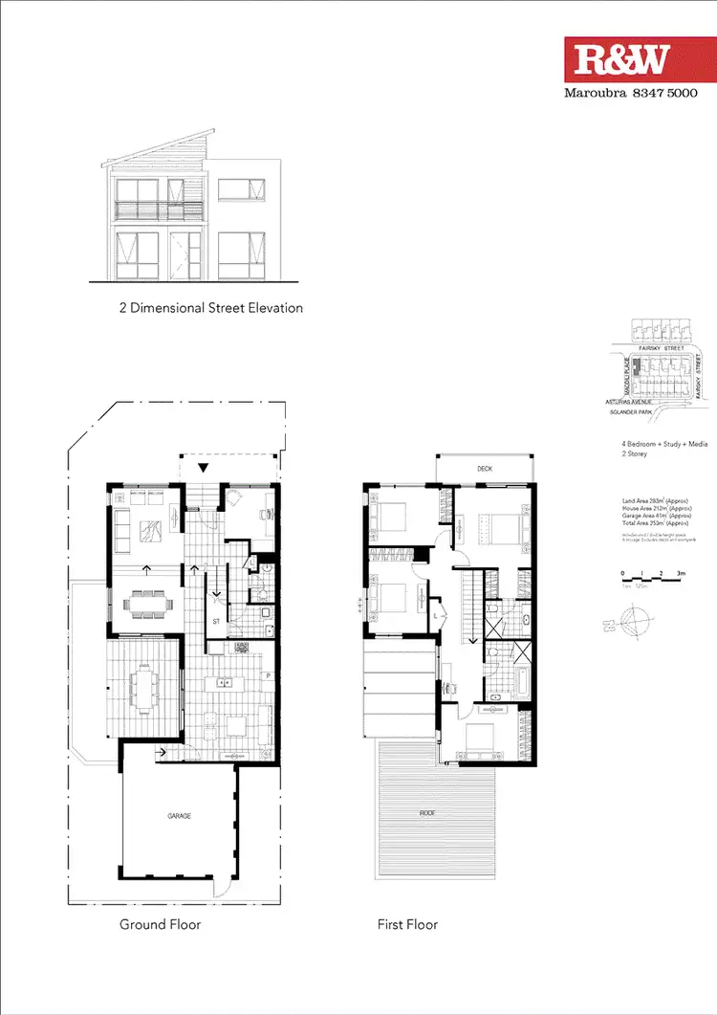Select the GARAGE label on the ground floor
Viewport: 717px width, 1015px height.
click(x=180, y=816)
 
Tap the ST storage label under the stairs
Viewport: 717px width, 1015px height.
click(x=217, y=621)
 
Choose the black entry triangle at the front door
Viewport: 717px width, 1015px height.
click(x=203, y=467)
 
